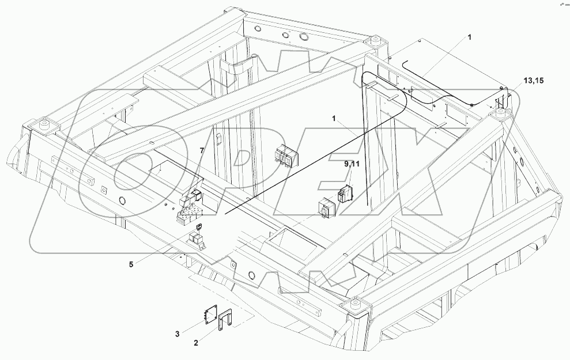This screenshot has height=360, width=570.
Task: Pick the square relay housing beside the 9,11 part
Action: pos(326,208)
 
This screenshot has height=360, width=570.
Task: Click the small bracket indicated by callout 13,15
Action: pos(503,101)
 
